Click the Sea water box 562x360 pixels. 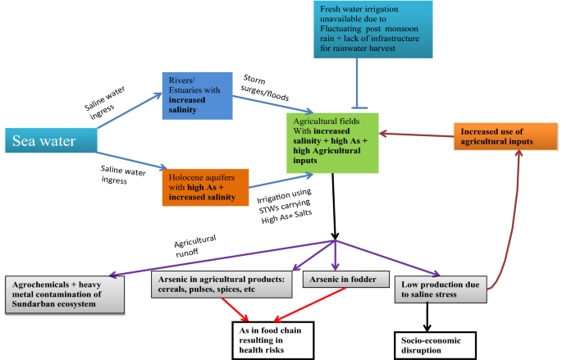coord(48,141)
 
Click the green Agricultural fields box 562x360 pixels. coord(332,143)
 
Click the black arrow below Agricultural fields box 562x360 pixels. coord(332,205)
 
